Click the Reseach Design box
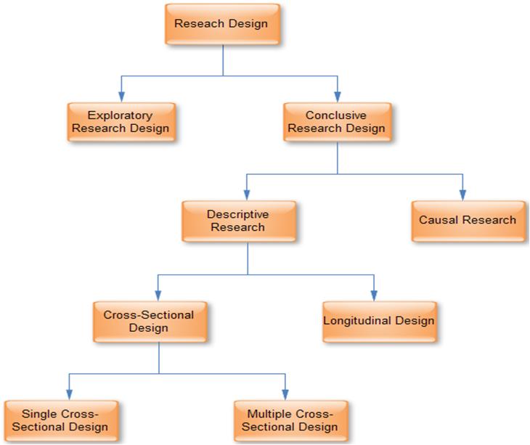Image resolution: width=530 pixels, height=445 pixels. click(222, 24)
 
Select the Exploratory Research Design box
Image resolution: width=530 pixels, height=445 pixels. click(121, 122)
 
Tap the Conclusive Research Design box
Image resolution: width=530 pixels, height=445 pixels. click(336, 122)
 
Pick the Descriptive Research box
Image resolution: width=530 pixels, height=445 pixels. click(238, 221)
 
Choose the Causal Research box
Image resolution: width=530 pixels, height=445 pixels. click(468, 220)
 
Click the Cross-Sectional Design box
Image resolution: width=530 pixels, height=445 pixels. click(149, 322)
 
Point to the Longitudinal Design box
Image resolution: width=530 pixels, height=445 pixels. click(379, 321)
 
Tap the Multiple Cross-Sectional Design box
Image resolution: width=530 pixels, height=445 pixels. click(290, 420)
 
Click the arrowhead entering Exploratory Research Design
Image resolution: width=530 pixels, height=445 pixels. click(121, 97)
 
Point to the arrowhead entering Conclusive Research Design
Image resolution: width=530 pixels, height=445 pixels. click(337, 97)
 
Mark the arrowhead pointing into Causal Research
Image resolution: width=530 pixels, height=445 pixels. click(462, 195)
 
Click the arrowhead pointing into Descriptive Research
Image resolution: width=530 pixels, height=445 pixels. click(247, 195)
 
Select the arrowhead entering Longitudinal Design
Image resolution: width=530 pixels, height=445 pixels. click(374, 295)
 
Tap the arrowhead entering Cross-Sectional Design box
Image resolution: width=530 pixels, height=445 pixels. click(158, 295)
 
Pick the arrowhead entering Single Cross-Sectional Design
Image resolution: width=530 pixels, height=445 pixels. click(69, 394)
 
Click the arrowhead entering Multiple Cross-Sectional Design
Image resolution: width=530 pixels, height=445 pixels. click(285, 394)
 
